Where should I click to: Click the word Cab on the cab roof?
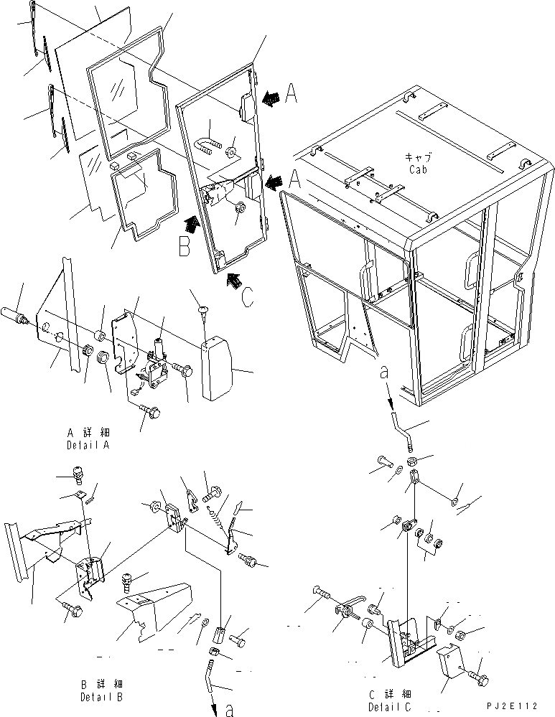click(419, 170)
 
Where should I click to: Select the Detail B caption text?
click(101, 696)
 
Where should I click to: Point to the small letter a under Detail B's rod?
click(229, 711)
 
